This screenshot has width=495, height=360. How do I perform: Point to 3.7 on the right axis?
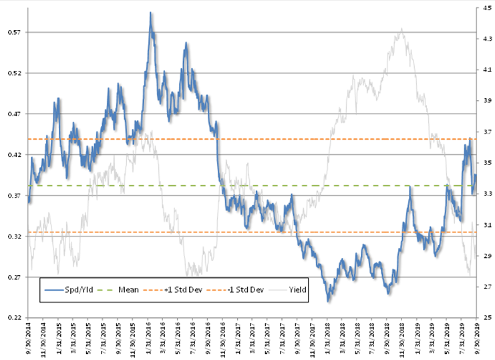[486, 132]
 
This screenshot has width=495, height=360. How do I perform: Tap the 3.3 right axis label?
[486, 194]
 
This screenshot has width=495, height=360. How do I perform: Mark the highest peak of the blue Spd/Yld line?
[151, 13]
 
